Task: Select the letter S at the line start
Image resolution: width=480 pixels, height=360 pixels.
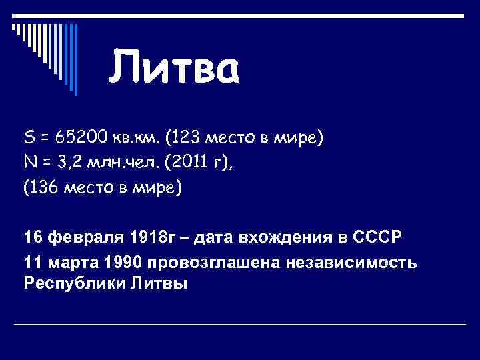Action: click(x=29, y=138)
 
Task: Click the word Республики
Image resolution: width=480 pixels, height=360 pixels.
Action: click(x=69, y=283)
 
